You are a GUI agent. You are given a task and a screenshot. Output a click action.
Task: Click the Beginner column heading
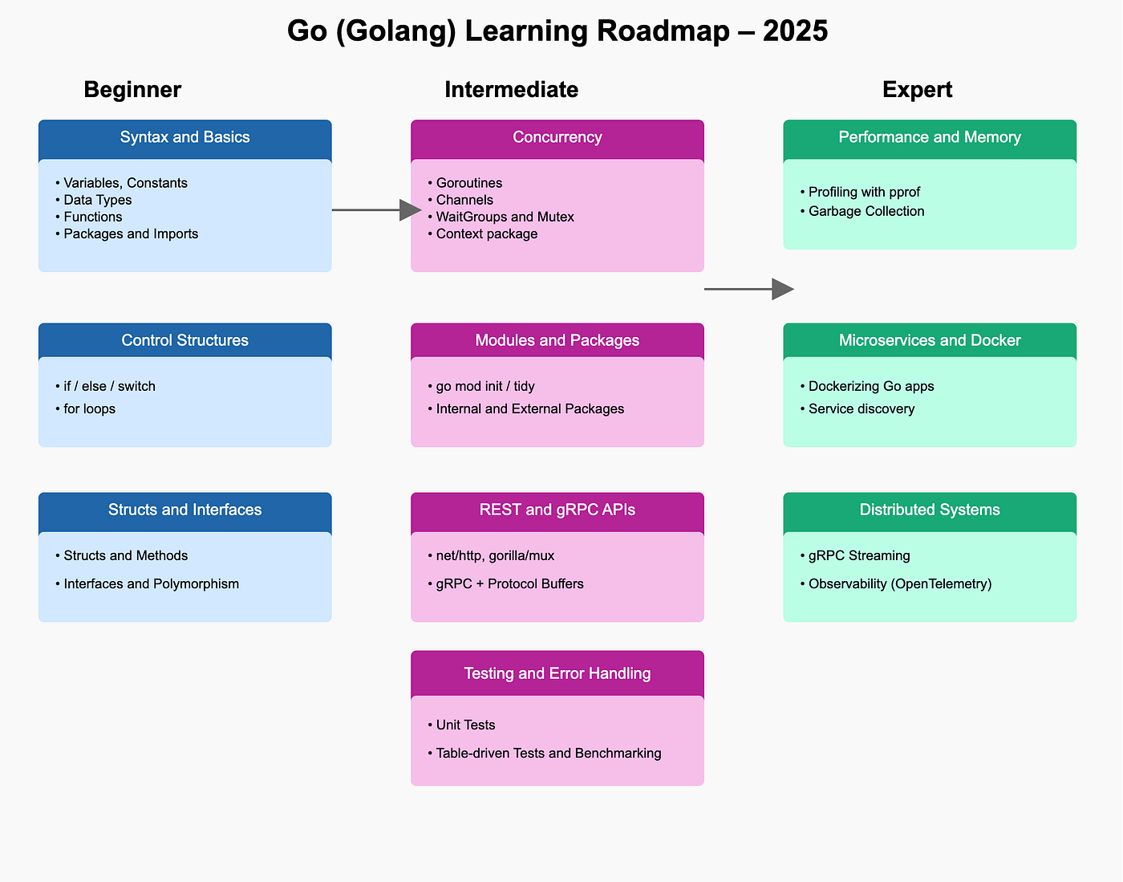(x=132, y=90)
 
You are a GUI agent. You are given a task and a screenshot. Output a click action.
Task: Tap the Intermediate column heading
(x=511, y=90)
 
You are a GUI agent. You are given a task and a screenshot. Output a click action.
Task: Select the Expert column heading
(x=917, y=90)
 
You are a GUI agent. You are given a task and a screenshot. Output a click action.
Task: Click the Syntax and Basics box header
(x=184, y=137)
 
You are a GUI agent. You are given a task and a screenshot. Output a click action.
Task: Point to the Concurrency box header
(x=557, y=137)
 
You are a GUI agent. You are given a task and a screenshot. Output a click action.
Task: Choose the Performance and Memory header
(x=930, y=137)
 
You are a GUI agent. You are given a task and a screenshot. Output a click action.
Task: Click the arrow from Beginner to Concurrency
(x=375, y=210)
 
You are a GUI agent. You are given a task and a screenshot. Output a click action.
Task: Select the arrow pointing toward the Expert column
(x=748, y=289)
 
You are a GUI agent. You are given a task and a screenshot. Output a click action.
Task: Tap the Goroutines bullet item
(x=469, y=183)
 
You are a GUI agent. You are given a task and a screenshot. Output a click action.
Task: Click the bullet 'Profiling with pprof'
(x=864, y=192)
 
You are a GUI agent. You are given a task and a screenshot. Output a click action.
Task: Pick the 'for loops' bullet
(x=89, y=408)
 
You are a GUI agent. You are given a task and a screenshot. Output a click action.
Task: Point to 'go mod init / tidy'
(x=485, y=386)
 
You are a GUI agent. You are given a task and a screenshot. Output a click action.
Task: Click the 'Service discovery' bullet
(x=862, y=408)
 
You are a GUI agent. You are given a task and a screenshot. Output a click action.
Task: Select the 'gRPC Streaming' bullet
(x=859, y=555)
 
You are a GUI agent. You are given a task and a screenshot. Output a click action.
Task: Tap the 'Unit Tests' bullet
(x=465, y=725)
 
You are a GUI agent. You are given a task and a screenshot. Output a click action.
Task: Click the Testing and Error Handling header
(x=557, y=673)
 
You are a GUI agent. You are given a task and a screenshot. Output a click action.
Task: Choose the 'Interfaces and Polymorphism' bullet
(x=151, y=583)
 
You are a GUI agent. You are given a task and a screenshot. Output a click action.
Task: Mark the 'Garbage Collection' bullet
(x=866, y=211)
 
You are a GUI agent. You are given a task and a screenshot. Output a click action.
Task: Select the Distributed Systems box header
(x=930, y=510)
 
